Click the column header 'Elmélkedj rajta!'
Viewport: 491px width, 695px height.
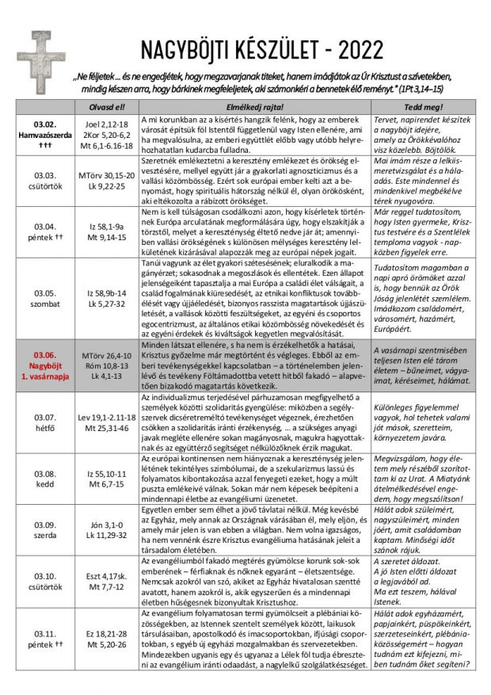[254, 107]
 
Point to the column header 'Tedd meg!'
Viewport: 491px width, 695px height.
[423, 107]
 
